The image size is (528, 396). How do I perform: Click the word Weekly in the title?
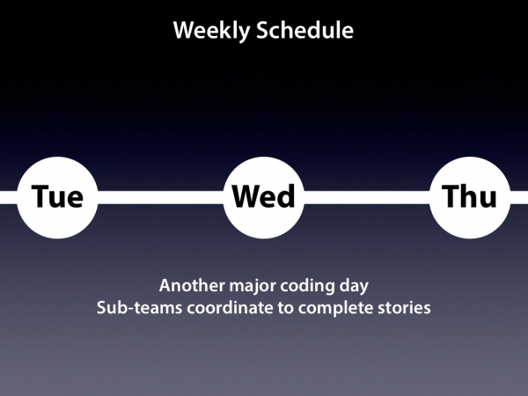(x=212, y=31)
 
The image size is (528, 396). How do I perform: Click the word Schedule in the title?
(x=304, y=30)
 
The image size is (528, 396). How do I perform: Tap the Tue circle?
(x=57, y=198)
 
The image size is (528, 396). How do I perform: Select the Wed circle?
(x=264, y=198)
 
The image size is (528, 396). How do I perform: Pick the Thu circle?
(x=470, y=198)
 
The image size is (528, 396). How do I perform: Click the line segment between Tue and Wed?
(x=161, y=197)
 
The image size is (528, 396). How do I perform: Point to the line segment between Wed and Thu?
(x=367, y=197)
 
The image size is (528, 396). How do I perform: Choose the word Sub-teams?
(x=139, y=308)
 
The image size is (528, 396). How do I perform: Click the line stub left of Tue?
(x=9, y=197)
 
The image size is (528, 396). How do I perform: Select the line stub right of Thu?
(x=519, y=197)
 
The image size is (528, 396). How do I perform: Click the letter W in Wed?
(x=246, y=196)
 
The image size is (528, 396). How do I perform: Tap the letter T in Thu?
(x=450, y=196)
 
